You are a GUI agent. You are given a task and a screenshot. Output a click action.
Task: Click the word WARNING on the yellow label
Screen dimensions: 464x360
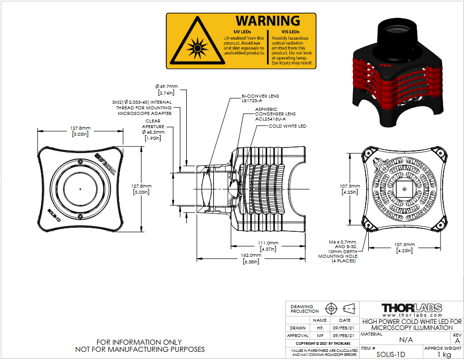268,21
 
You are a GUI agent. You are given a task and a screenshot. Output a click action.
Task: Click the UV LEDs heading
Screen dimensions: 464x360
242,32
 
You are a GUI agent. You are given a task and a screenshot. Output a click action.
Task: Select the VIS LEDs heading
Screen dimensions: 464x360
291,32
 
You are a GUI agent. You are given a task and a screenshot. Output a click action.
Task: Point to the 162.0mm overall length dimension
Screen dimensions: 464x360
251,258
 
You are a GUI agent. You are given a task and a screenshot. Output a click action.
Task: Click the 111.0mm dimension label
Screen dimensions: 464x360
268,246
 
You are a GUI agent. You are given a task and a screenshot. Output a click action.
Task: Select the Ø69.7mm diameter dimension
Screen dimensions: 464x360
166,89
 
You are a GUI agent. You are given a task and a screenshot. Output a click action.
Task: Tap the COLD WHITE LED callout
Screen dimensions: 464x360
287,126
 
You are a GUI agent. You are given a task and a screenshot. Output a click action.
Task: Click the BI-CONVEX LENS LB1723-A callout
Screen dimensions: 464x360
260,98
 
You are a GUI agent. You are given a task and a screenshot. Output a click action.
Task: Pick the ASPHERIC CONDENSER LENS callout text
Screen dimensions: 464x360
275,114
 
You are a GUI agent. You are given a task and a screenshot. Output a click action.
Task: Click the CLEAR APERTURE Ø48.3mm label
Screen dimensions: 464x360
153,130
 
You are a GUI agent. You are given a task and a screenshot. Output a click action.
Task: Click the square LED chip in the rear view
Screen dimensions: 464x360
404,189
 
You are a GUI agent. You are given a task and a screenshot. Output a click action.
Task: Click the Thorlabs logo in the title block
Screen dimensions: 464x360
412,308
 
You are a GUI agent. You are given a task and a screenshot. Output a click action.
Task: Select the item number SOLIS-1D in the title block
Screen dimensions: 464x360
391,354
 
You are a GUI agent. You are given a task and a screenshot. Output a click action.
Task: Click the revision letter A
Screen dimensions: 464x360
457,341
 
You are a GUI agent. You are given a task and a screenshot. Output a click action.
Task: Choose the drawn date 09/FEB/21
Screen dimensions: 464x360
343,328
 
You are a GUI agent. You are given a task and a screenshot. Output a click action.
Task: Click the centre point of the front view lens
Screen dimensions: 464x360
80,189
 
